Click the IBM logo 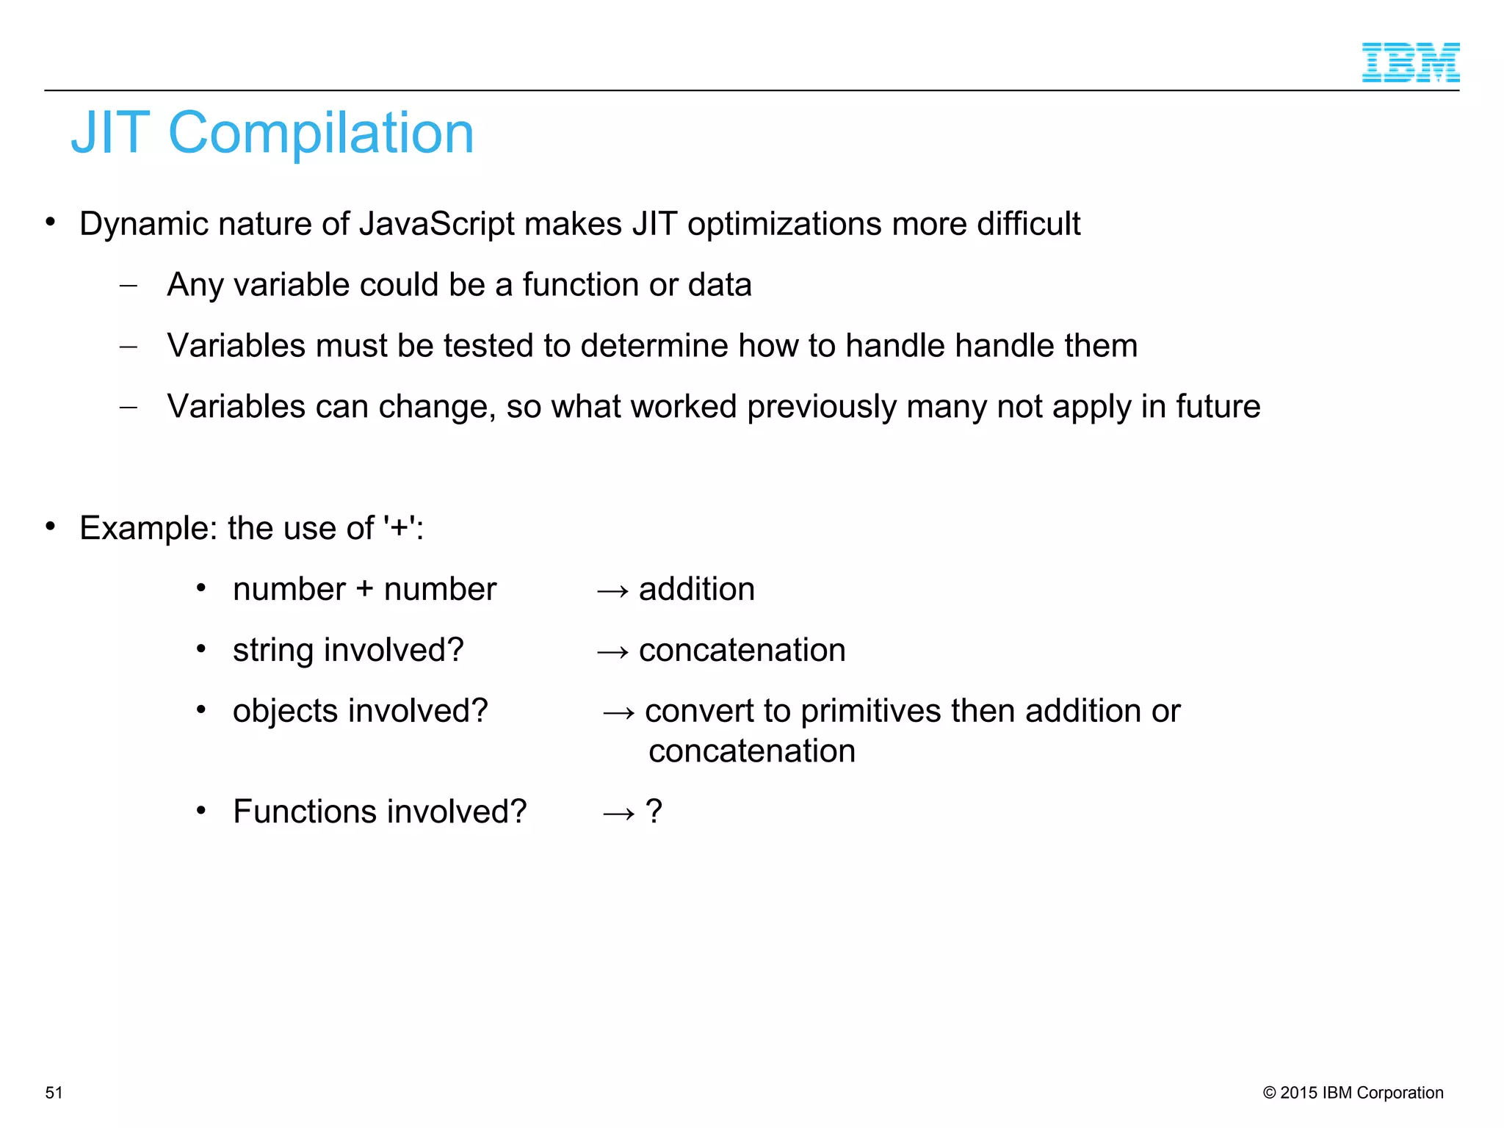1410,62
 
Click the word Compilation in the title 321,133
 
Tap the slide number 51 54,1093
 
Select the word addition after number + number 696,590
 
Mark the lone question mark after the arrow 654,812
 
